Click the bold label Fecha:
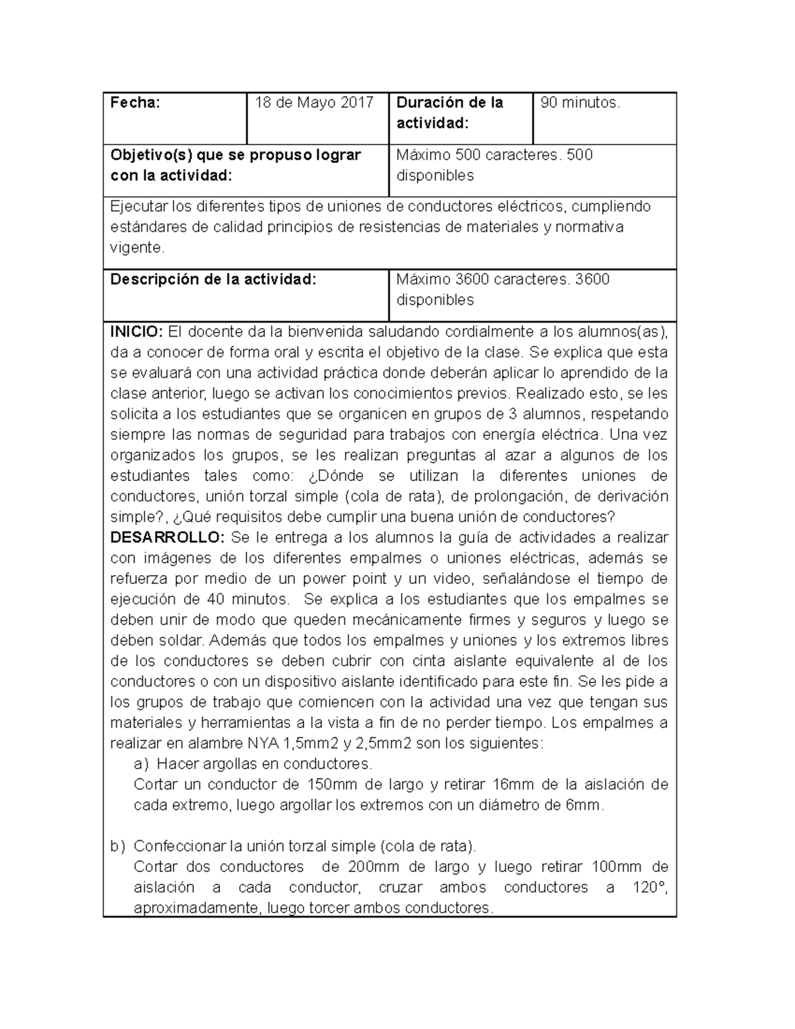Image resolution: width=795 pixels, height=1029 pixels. (135, 103)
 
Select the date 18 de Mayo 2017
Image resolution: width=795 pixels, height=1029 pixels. (314, 103)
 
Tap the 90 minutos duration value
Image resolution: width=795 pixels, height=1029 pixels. (580, 103)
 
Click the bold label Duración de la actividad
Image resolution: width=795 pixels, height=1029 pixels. (449, 113)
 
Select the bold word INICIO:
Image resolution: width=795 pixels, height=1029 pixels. (136, 331)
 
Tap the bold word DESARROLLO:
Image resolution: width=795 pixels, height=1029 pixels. (168, 537)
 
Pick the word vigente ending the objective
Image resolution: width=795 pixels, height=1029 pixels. (135, 248)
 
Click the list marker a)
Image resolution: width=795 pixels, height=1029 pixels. (141, 764)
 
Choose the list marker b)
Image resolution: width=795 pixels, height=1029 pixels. (117, 846)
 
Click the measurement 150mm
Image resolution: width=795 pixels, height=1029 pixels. (331, 785)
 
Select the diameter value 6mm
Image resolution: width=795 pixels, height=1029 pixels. (588, 806)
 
